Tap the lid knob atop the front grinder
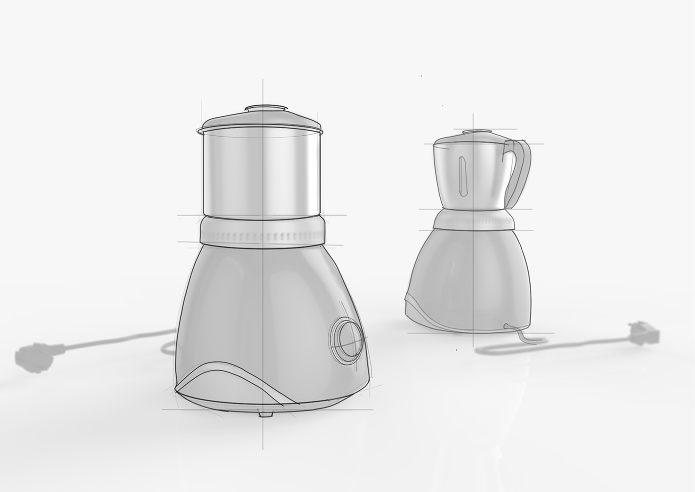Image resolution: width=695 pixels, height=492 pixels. [x=267, y=108]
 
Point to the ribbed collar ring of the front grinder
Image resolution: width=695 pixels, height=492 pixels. [x=262, y=230]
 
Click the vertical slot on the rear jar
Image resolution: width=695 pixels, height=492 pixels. [x=464, y=176]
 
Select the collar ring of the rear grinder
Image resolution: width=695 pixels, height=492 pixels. [x=473, y=219]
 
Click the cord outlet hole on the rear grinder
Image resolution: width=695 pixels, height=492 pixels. [x=505, y=326]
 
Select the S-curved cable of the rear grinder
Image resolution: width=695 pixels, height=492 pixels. [x=546, y=343]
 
